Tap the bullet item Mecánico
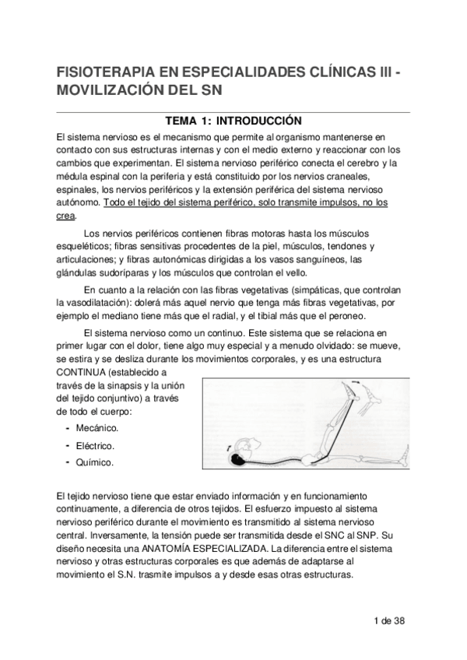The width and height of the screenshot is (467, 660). tap(97, 428)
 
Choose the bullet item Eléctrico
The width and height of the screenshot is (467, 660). tap(96, 445)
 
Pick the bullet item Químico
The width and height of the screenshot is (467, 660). tap(94, 462)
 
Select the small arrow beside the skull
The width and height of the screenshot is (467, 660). tap(227, 447)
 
